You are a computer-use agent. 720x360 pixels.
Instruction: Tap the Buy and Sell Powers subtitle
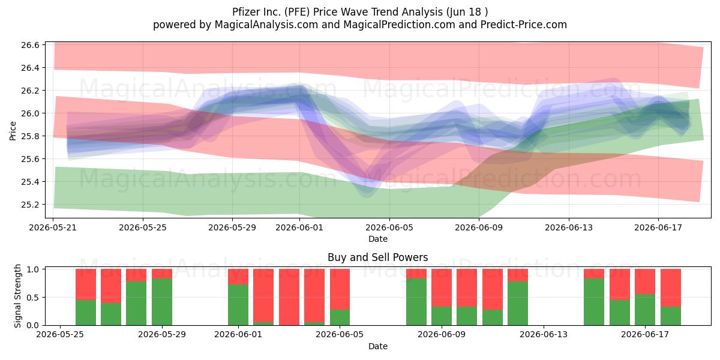coord(377,257)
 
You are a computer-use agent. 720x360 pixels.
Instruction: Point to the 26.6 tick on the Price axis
coord(30,45)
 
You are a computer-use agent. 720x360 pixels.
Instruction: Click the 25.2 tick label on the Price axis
coord(30,205)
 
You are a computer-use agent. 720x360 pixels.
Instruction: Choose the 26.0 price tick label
coord(30,113)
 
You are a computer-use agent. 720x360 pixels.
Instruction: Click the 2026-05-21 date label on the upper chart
coord(53,227)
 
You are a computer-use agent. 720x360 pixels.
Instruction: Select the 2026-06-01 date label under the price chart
coord(299,227)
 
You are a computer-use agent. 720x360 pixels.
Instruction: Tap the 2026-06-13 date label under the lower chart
coord(544,335)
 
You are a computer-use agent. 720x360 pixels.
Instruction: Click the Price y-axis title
coord(13,131)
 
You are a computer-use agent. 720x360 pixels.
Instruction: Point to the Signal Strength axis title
coord(17,296)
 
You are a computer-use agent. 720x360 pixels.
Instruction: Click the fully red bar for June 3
coord(289,297)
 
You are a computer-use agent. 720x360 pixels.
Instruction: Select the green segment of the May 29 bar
coord(162,302)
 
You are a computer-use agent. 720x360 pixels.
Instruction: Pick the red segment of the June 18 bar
coord(671,287)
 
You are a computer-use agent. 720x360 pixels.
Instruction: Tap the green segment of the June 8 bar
coord(416,302)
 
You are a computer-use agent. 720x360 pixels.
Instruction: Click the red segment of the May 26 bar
coord(86,284)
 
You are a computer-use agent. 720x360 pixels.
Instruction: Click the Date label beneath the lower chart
coord(377,347)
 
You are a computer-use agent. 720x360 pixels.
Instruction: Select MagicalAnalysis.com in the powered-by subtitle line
coord(266,25)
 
